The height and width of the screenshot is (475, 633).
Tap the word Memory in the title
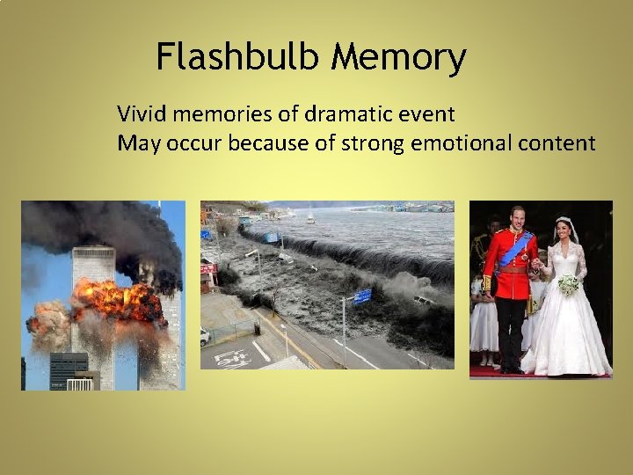[x=399, y=58]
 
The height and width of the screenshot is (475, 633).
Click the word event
[x=426, y=113]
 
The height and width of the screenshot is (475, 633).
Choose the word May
[x=135, y=142]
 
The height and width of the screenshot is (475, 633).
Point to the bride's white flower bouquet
[x=569, y=285]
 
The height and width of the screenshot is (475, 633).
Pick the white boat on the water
[x=311, y=218]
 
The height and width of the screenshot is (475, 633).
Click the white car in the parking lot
[x=206, y=336]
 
